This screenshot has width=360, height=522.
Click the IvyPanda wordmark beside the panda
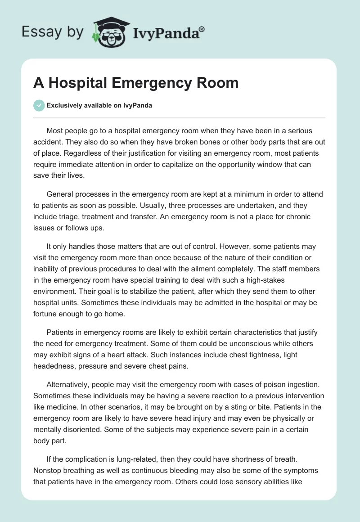169,33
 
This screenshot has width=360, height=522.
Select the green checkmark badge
39,105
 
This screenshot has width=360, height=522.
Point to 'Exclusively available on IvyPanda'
99,106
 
